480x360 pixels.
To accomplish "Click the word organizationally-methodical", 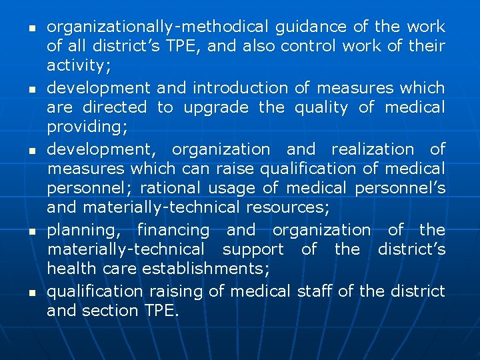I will point(157,27).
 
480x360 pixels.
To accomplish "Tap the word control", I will point(309,47).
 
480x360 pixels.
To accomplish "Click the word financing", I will point(173,230).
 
